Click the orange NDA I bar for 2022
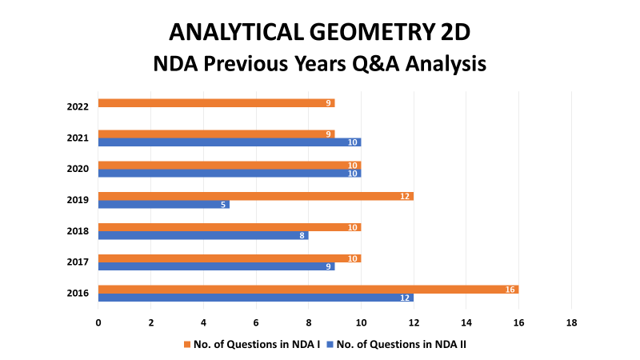coord(216,103)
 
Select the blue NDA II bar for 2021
coord(230,142)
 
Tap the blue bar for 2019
coord(164,204)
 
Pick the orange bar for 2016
coord(308,290)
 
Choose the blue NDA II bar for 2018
coord(203,235)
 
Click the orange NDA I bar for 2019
coord(256,196)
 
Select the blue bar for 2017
coord(216,266)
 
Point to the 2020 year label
coord(78,169)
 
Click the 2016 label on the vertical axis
coord(78,293)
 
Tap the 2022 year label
coord(78,107)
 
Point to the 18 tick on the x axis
coord(571,323)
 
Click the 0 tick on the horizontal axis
coord(98,323)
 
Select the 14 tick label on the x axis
coord(466,323)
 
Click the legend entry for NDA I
coord(252,345)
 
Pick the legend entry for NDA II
coord(396,345)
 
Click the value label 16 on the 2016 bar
coord(510,290)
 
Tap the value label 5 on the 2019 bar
coord(223,205)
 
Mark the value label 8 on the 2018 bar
coord(302,235)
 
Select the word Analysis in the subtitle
coord(446,64)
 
